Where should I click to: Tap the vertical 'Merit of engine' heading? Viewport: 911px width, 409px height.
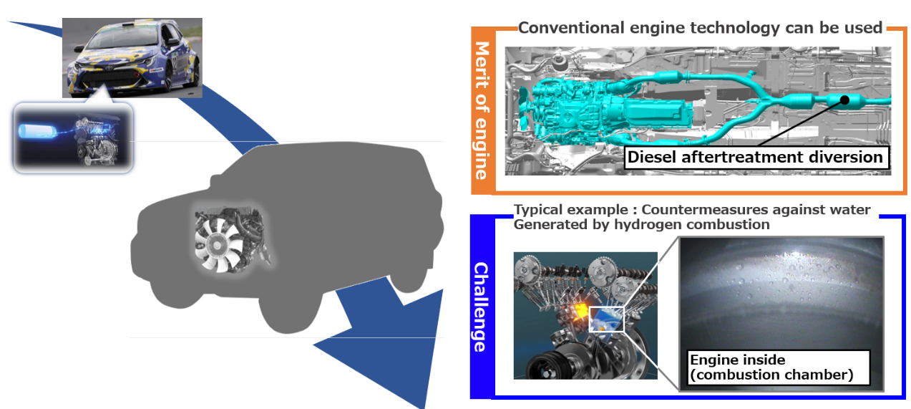tap(482, 111)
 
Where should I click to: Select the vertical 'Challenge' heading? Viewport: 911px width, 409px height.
tap(481, 307)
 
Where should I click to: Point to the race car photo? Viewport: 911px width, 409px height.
tap(132, 57)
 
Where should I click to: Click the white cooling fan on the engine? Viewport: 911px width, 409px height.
tap(219, 244)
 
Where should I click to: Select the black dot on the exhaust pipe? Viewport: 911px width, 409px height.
tap(845, 101)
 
